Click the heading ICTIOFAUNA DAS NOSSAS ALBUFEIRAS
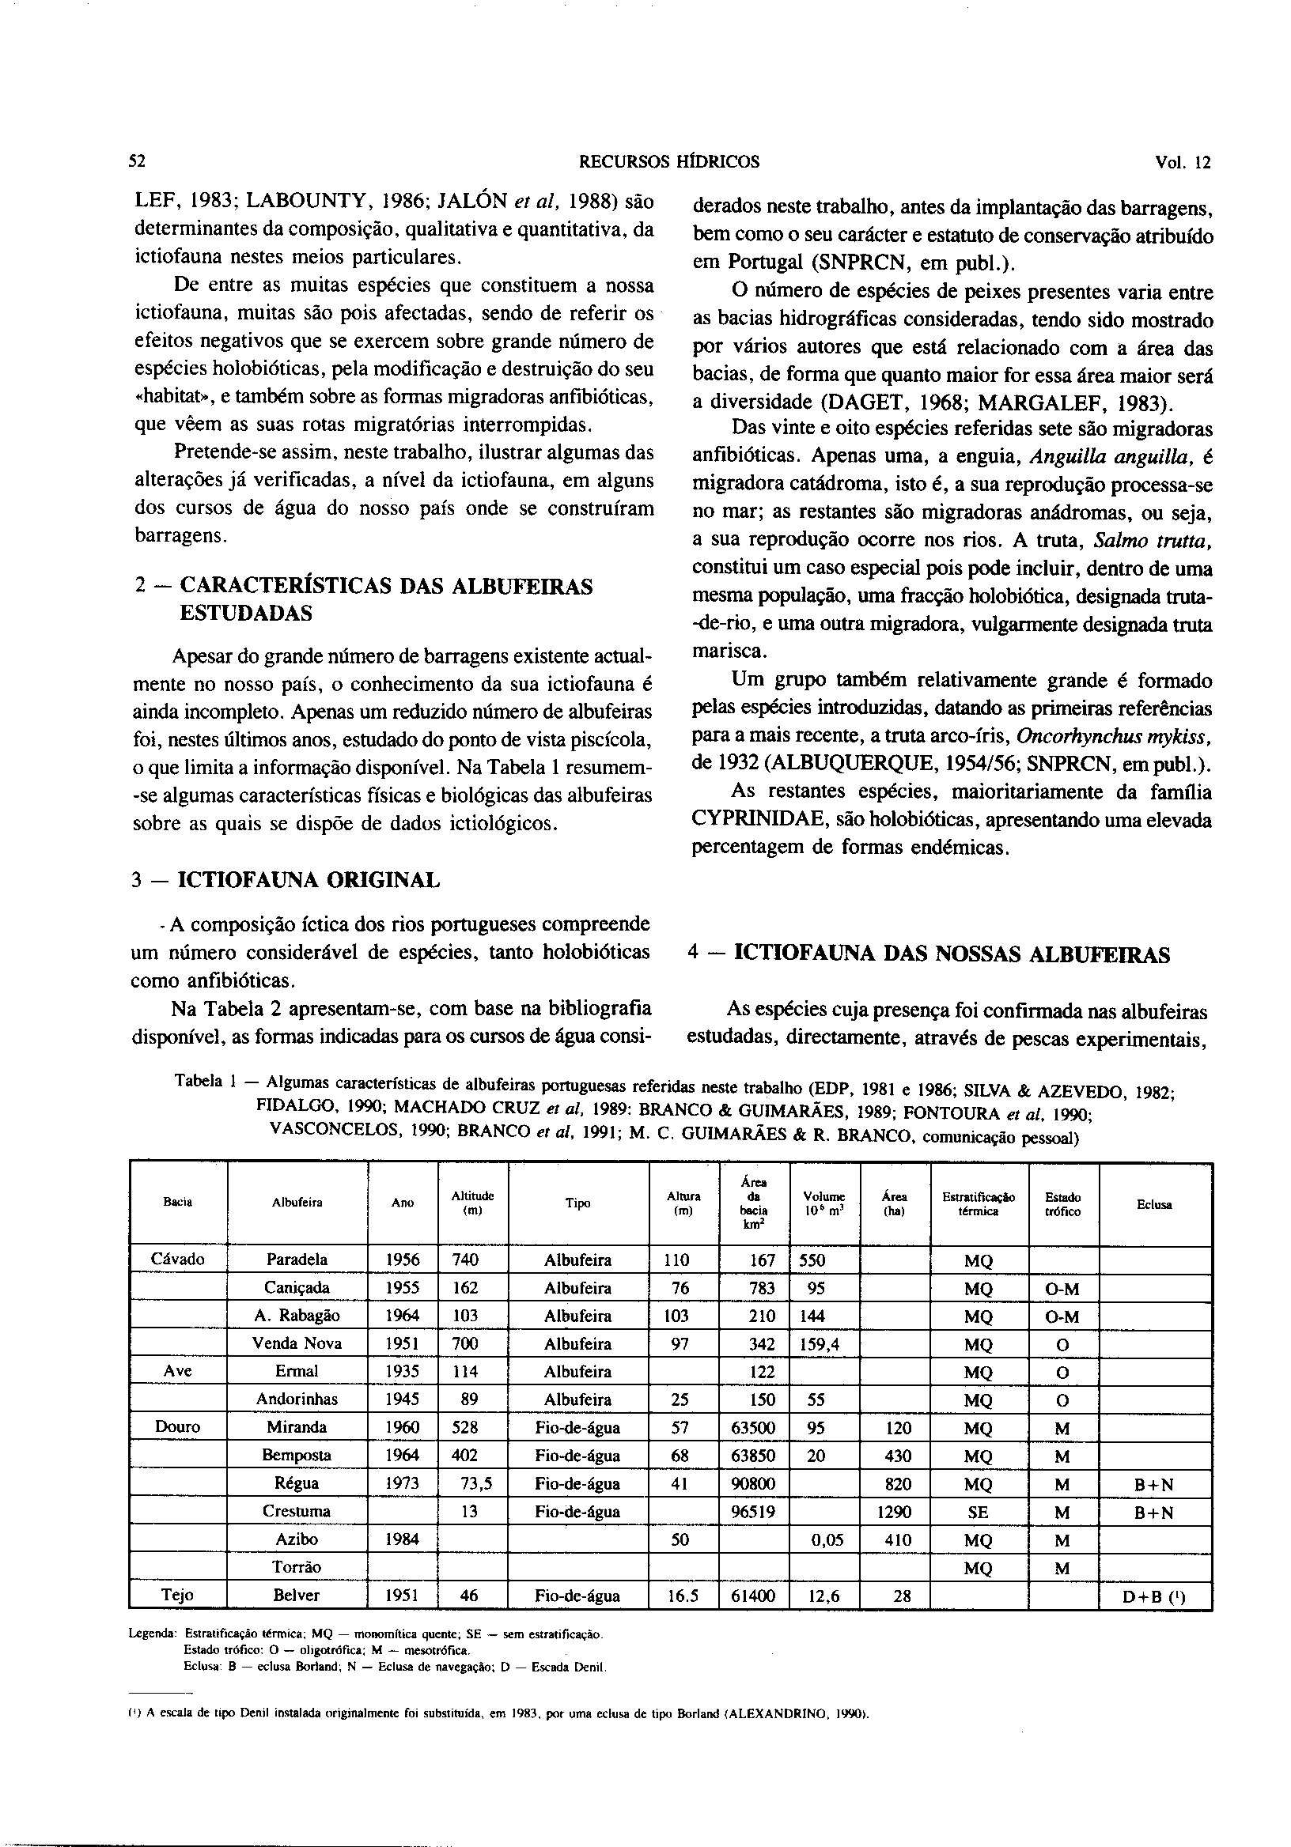click(x=953, y=955)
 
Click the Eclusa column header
click(x=1154, y=1204)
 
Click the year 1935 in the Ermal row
click(x=403, y=1372)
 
